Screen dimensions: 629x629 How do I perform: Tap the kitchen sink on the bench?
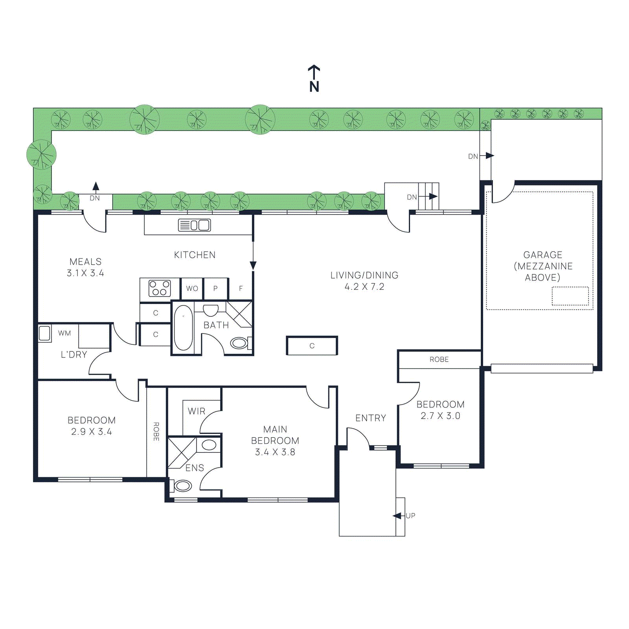pyautogui.click(x=195, y=225)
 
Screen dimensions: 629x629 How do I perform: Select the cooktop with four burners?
pyautogui.click(x=160, y=288)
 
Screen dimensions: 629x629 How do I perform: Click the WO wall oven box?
pyautogui.click(x=192, y=289)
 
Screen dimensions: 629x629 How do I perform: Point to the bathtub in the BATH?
pyautogui.click(x=183, y=327)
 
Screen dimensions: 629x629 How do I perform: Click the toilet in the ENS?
pyautogui.click(x=182, y=486)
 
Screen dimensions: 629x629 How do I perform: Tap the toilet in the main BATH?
pyautogui.click(x=239, y=343)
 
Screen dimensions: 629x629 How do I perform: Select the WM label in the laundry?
pyautogui.click(x=64, y=333)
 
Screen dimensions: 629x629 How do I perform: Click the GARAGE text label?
pyautogui.click(x=543, y=255)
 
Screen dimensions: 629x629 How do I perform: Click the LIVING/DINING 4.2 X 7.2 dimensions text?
pyautogui.click(x=364, y=287)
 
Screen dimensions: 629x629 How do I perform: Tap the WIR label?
pyautogui.click(x=197, y=411)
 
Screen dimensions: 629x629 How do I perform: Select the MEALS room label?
pyautogui.click(x=85, y=262)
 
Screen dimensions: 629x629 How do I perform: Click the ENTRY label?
pyautogui.click(x=370, y=418)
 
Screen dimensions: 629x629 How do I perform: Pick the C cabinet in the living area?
pyautogui.click(x=312, y=346)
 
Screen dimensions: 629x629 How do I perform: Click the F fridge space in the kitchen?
pyautogui.click(x=241, y=289)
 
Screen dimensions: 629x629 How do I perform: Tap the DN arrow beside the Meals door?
pyautogui.click(x=96, y=187)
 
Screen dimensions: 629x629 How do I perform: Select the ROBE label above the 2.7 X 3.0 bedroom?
pyautogui.click(x=439, y=359)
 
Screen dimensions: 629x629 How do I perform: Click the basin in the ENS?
pyautogui.click(x=209, y=445)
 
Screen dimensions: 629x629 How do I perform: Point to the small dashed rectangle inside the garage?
pyautogui.click(x=570, y=296)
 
